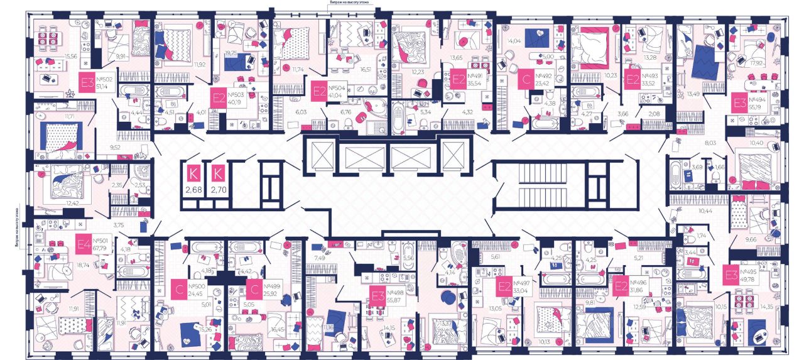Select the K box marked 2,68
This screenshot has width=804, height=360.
(193, 178)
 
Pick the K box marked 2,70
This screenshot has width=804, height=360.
(219, 178)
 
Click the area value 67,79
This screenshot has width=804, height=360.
(102, 248)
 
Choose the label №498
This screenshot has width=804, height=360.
(396, 293)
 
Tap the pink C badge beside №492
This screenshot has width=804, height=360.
(527, 82)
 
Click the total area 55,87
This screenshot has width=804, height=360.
(395, 301)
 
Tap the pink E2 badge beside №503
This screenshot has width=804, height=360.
(219, 97)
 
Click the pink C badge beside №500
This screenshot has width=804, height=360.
(180, 289)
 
